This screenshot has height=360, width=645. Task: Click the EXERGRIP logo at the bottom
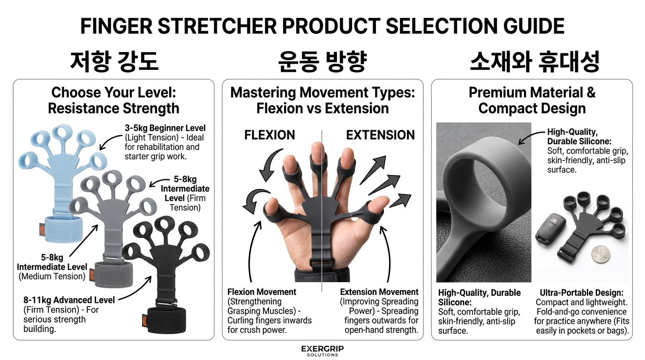tap(322, 350)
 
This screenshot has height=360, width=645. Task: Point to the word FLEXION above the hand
tap(270, 135)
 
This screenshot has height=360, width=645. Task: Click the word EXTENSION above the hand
tap(380, 135)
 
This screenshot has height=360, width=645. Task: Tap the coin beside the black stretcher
tap(603, 255)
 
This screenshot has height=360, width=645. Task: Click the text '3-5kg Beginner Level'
tap(165, 128)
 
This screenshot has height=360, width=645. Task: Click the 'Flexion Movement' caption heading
tap(262, 292)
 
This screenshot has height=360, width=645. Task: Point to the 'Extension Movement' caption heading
tap(379, 292)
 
